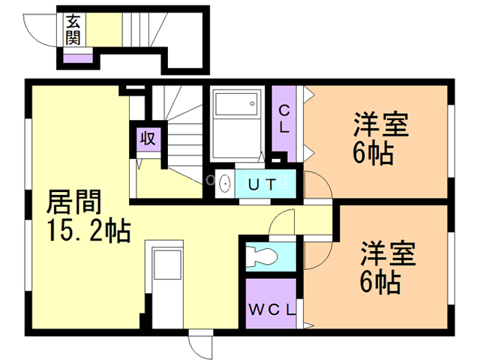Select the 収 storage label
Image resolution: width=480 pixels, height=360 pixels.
point(147,139)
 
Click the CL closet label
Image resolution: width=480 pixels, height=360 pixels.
point(285,120)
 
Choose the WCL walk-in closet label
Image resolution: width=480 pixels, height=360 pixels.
point(271,308)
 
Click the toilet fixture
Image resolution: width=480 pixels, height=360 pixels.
point(262,256)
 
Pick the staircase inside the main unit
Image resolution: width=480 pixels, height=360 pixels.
point(180,127)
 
